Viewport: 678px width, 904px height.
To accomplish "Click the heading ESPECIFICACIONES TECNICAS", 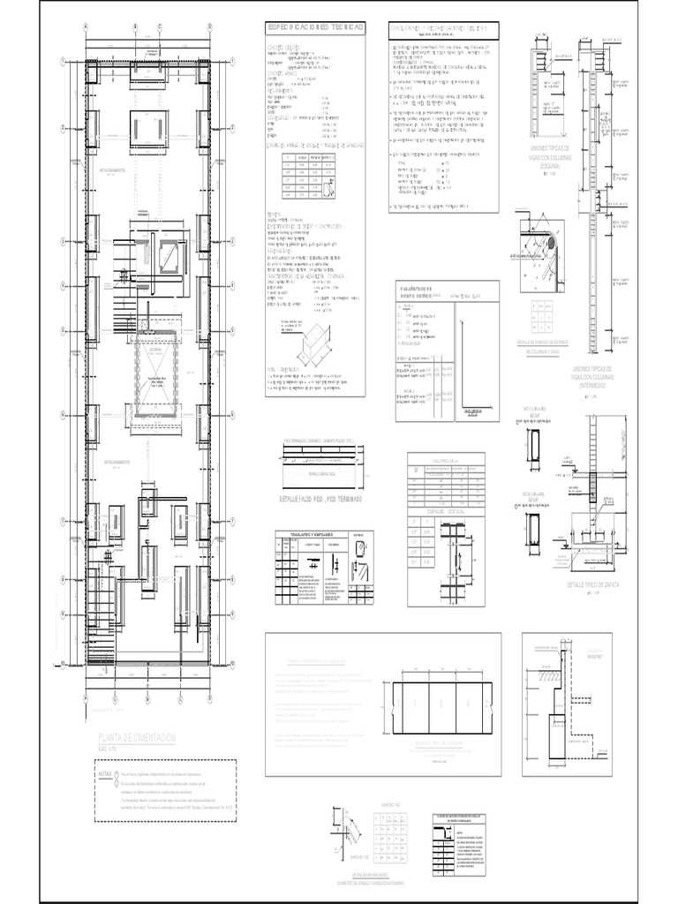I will click(315, 28).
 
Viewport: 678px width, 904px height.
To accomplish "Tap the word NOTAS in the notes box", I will click(107, 772).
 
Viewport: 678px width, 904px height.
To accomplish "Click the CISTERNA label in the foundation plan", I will click(156, 349).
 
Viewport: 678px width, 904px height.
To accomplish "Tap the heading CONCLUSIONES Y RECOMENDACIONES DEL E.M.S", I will click(444, 28).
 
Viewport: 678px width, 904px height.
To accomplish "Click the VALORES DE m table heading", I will click(446, 460).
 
